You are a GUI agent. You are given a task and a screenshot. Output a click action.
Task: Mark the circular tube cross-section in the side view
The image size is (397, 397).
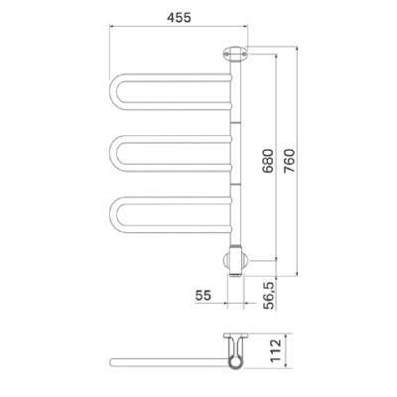click(235, 361)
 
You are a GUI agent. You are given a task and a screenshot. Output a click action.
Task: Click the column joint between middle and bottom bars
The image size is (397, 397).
click(235, 185)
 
